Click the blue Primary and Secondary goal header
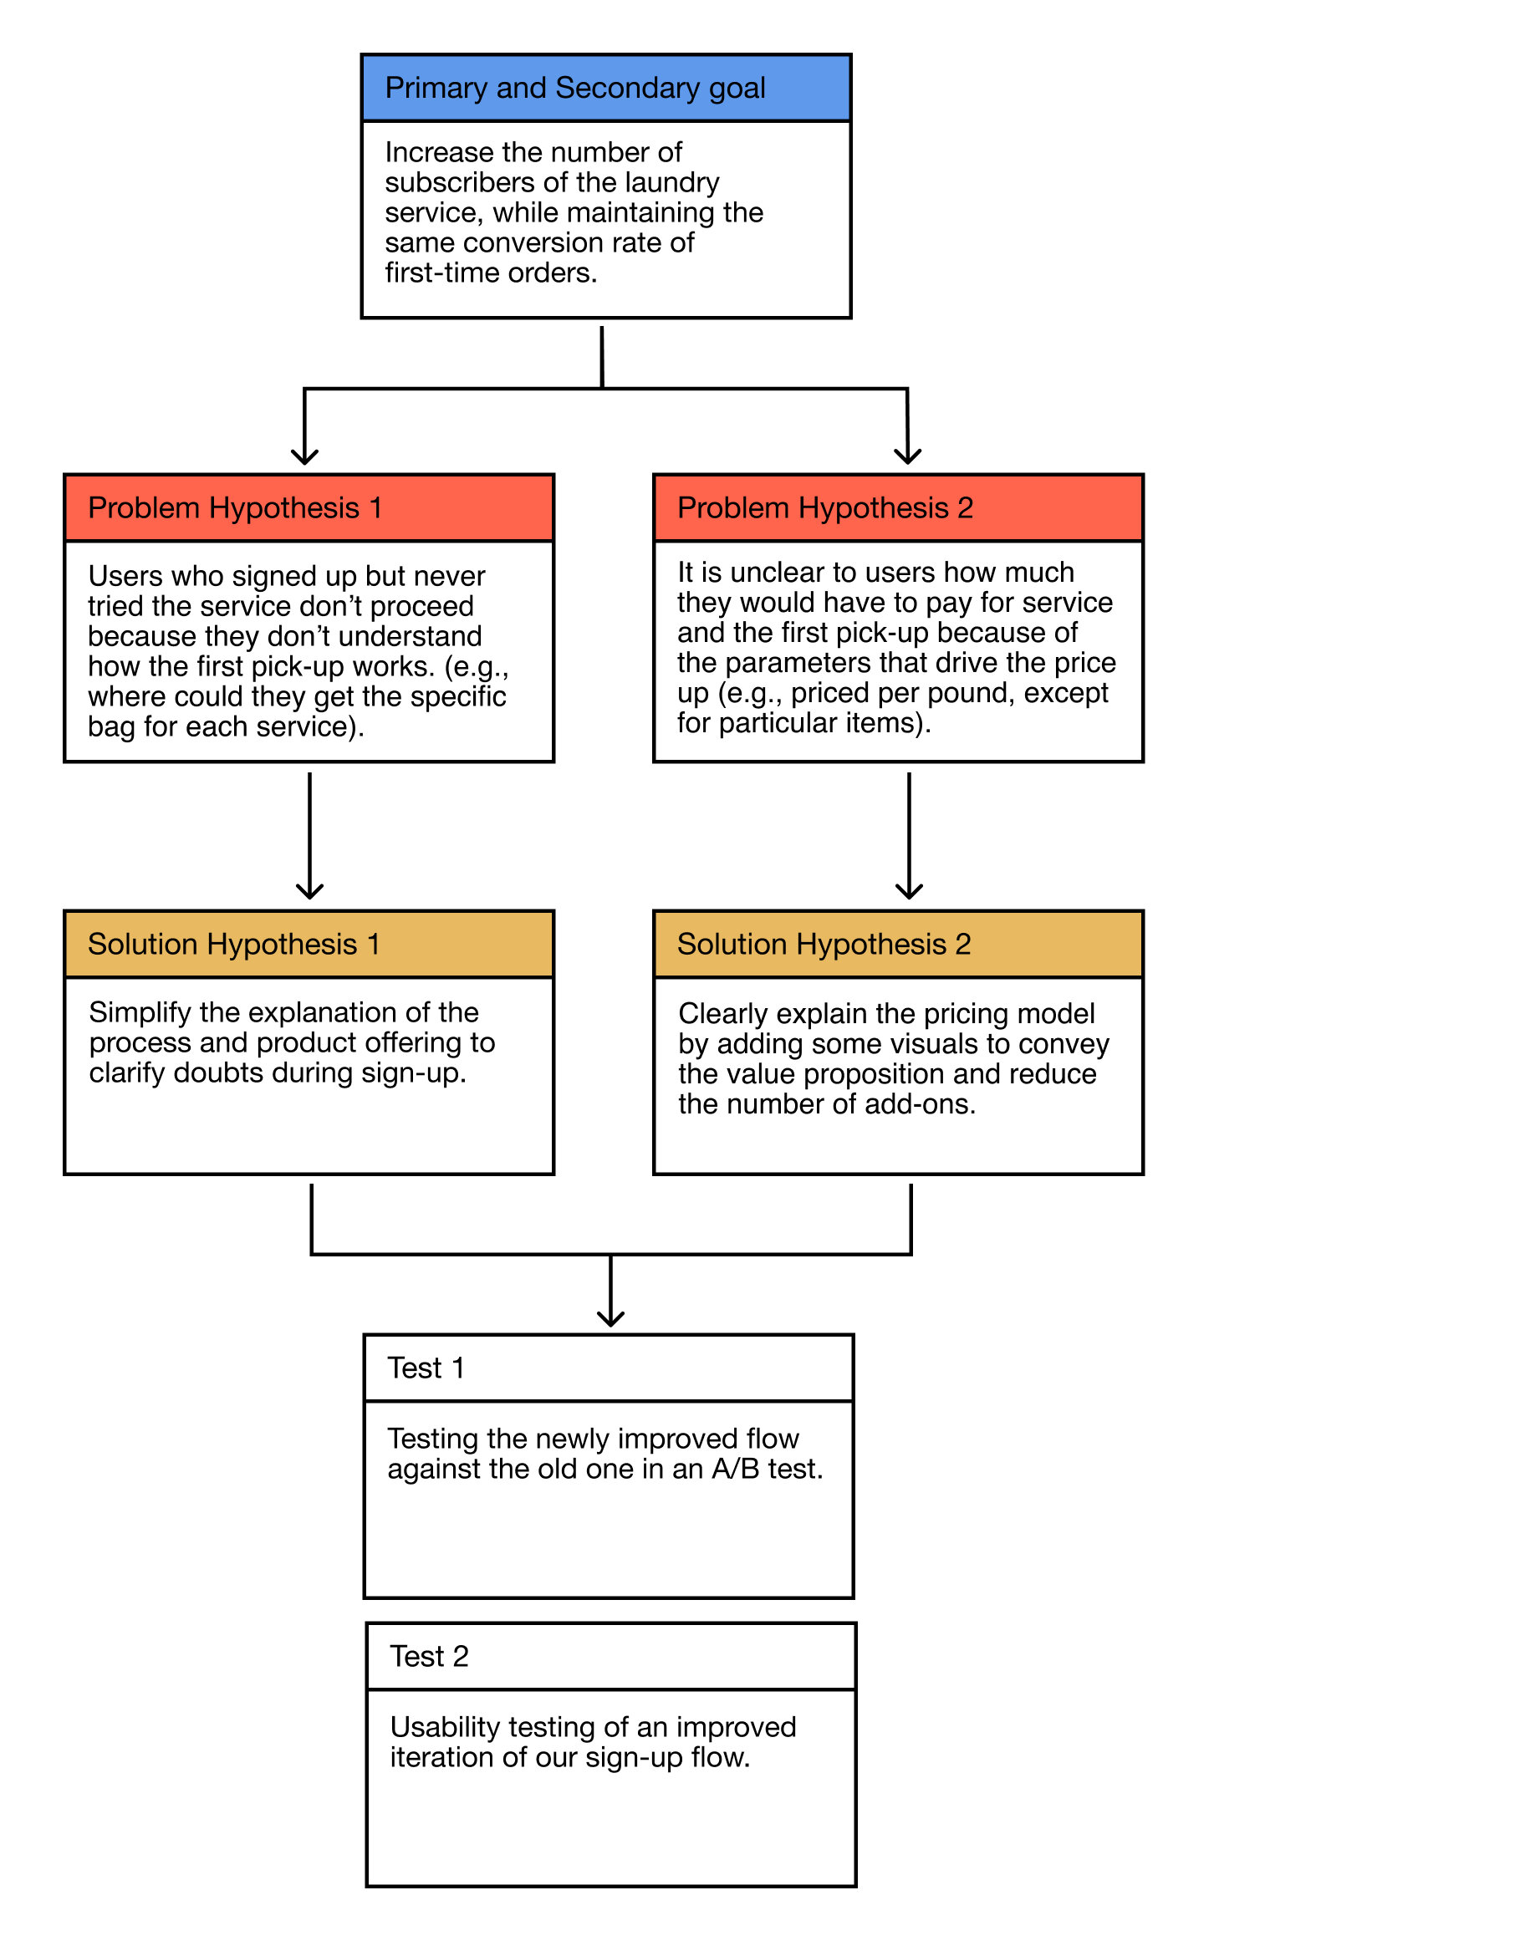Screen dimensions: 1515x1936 click(x=606, y=88)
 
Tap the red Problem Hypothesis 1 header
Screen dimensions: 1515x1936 click(x=309, y=508)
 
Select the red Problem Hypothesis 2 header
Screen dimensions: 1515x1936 click(x=899, y=508)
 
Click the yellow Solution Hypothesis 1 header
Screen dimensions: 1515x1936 click(x=309, y=945)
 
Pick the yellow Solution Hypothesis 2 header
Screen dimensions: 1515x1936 click(x=899, y=945)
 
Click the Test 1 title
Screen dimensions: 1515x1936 click(x=426, y=1368)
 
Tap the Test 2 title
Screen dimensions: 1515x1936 click(x=429, y=1657)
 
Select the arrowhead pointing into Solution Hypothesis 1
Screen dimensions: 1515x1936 click(x=309, y=891)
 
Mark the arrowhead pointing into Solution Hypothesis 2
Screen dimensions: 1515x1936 click(x=909, y=891)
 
